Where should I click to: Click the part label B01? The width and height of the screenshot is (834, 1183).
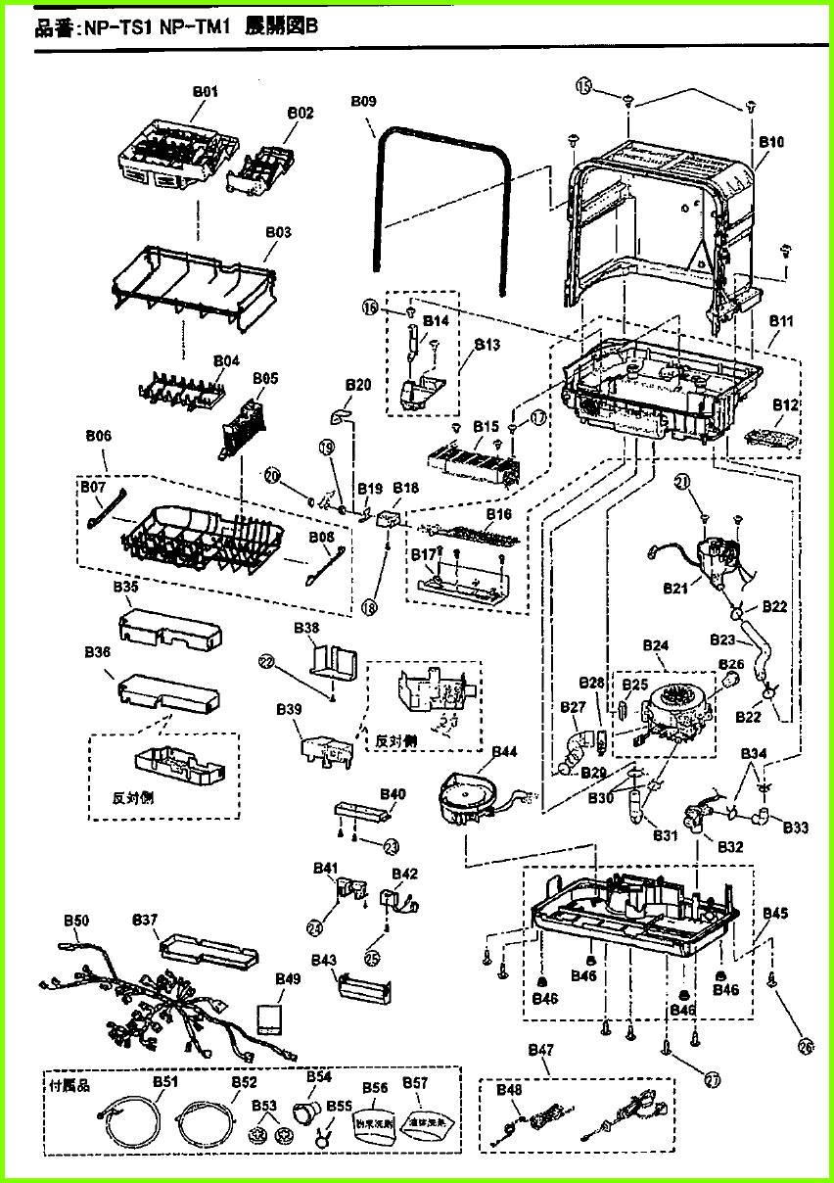pyautogui.click(x=205, y=90)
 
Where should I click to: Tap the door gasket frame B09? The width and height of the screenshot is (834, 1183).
pyautogui.click(x=441, y=142)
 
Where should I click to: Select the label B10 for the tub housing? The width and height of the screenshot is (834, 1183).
pyautogui.click(x=771, y=142)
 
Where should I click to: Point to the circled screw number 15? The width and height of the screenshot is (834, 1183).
pyautogui.click(x=584, y=88)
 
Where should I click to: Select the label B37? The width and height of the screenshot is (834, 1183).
pyautogui.click(x=145, y=920)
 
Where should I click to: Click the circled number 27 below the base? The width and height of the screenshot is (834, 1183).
pyautogui.click(x=712, y=1079)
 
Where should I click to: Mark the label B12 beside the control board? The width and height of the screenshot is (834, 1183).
pyautogui.click(x=786, y=403)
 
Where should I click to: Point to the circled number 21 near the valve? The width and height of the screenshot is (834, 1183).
pyautogui.click(x=710, y=480)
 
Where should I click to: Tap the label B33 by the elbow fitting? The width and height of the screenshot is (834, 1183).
pyautogui.click(x=795, y=828)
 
